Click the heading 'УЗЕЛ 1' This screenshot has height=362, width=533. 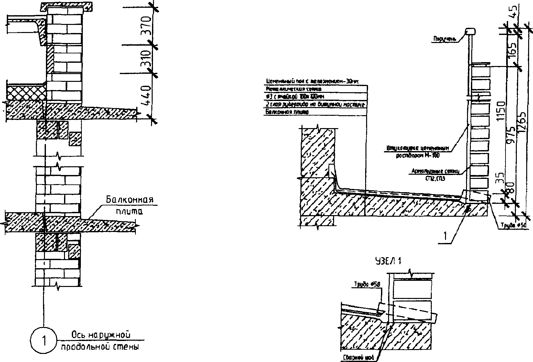(388, 261)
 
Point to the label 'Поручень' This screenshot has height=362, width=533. (445, 39)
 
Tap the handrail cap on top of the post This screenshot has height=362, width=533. (470, 31)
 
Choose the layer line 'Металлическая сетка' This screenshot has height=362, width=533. (294, 88)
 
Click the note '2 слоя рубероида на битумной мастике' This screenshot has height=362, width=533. (315, 104)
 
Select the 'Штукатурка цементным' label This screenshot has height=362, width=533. (417, 148)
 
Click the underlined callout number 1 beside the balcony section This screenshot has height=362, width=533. (445, 236)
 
